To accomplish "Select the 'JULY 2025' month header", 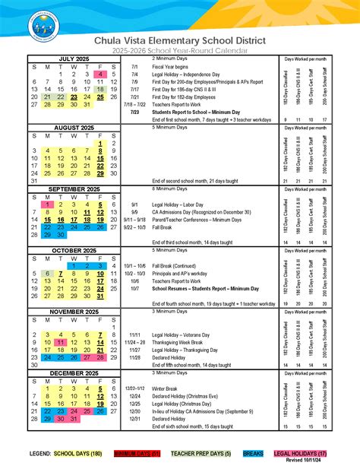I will (74, 59).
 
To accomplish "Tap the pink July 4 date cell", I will (100, 74).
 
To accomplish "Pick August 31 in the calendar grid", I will (34, 181).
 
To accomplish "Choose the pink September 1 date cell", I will (48, 204).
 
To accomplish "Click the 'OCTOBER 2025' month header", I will (74, 250).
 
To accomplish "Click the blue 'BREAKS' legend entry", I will (253, 453).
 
